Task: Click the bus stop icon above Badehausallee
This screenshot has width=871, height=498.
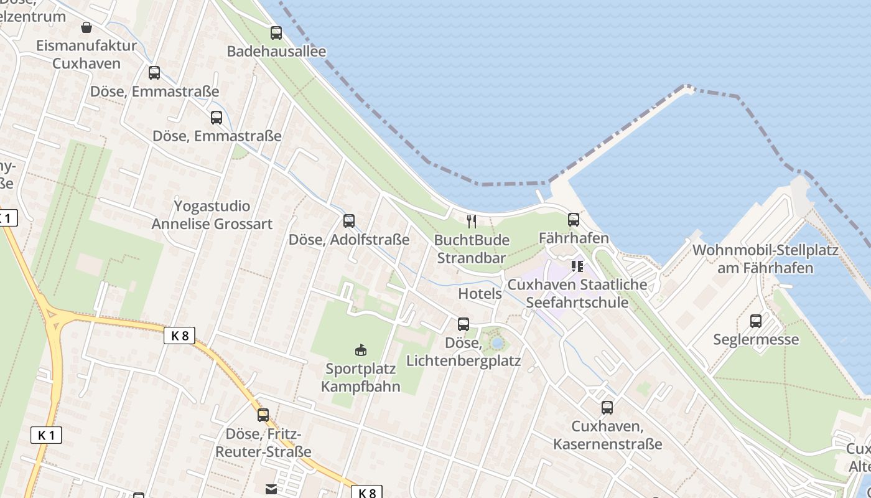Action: [276, 33]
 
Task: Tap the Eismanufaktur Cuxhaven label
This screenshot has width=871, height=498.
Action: [86, 54]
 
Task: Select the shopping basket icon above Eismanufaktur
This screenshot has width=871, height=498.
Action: [86, 27]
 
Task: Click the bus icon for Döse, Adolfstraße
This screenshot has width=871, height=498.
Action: [348, 220]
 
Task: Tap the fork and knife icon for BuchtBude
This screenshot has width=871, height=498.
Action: [472, 221]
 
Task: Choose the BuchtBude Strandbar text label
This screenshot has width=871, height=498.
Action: [472, 249]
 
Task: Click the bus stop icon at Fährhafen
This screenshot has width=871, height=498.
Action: [573, 220]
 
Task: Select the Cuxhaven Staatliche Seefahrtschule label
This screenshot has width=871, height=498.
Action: [577, 294]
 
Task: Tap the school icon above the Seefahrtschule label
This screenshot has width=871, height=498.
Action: [577, 266]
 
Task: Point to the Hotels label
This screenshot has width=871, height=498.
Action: [480, 293]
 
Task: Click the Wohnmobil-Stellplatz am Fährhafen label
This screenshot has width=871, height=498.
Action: [765, 259]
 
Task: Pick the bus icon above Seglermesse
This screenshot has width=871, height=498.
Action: [756, 321]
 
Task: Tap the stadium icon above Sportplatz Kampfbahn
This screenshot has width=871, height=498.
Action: [360, 350]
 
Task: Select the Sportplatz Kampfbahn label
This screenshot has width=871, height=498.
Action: [360, 377]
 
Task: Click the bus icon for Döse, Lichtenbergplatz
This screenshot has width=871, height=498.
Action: [463, 324]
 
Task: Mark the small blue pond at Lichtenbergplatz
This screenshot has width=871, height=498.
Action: [496, 343]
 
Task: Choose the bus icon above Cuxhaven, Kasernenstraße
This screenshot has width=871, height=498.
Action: [607, 408]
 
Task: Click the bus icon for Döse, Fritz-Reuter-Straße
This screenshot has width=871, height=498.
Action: [263, 415]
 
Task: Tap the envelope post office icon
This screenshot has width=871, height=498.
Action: [271, 490]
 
